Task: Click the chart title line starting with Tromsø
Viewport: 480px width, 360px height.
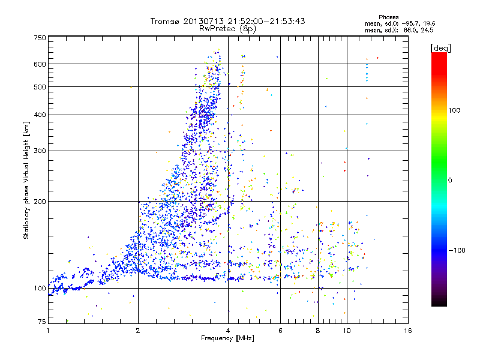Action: tap(227, 21)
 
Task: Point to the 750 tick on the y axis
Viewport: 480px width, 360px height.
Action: tap(40, 38)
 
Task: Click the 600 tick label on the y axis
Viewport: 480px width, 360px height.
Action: tap(40, 64)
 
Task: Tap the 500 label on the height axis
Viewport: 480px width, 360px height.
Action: tap(40, 87)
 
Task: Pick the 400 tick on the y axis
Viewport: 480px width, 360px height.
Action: tap(40, 115)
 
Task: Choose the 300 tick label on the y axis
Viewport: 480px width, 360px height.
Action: tap(40, 151)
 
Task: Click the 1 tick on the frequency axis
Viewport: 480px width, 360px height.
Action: tap(48, 331)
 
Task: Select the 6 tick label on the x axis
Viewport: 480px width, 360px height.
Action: tap(281, 331)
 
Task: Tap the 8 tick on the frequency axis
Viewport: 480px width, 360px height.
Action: tap(318, 331)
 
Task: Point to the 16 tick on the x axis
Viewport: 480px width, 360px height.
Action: tap(407, 331)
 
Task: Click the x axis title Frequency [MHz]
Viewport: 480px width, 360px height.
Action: tap(227, 338)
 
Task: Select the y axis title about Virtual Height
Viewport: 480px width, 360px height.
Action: tap(26, 180)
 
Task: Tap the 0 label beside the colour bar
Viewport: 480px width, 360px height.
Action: tap(451, 180)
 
